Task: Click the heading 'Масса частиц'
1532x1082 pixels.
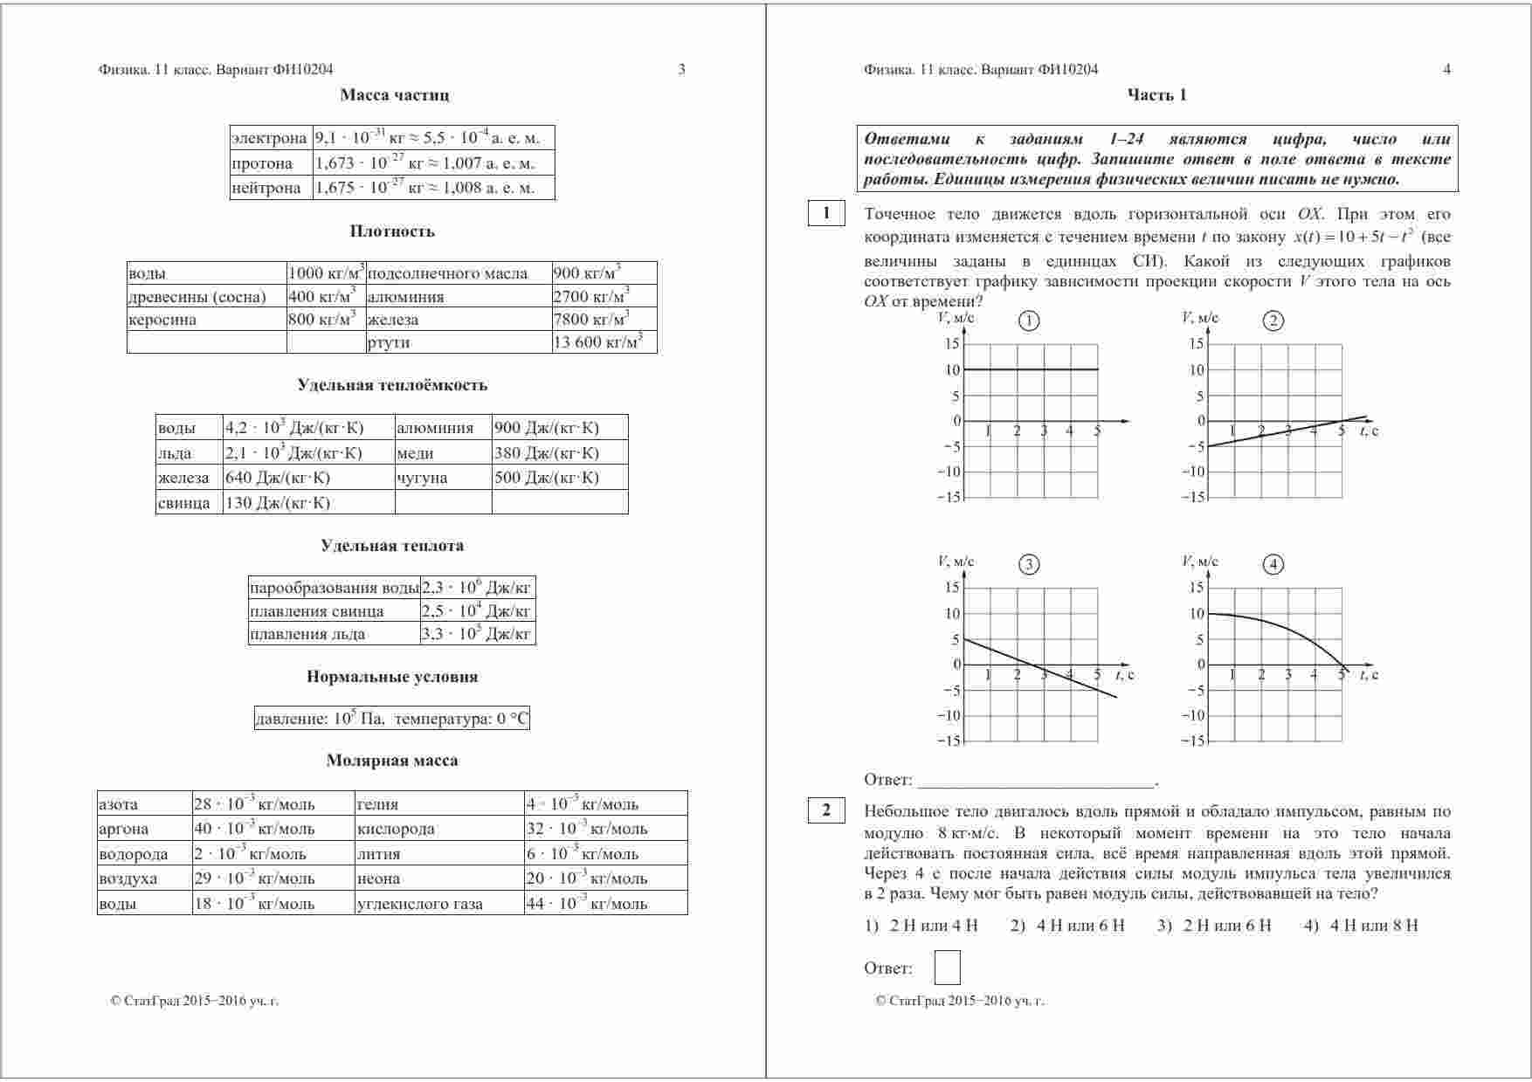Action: pos(394,95)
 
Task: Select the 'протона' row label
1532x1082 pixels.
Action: pos(262,163)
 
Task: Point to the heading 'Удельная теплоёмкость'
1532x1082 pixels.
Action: pos(392,385)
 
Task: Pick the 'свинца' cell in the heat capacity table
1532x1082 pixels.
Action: pos(184,503)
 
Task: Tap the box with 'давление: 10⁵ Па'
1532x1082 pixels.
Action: pos(391,719)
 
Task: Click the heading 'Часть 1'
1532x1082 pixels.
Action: pos(1156,95)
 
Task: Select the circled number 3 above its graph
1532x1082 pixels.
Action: pos(1029,564)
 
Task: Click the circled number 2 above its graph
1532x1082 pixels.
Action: pos(1273,320)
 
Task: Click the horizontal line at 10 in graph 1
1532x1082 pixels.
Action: pos(1031,369)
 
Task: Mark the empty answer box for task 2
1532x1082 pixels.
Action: pos(947,968)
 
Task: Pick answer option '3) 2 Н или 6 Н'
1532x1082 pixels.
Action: pos(1214,926)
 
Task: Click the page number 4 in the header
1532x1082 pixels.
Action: pos(1446,70)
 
